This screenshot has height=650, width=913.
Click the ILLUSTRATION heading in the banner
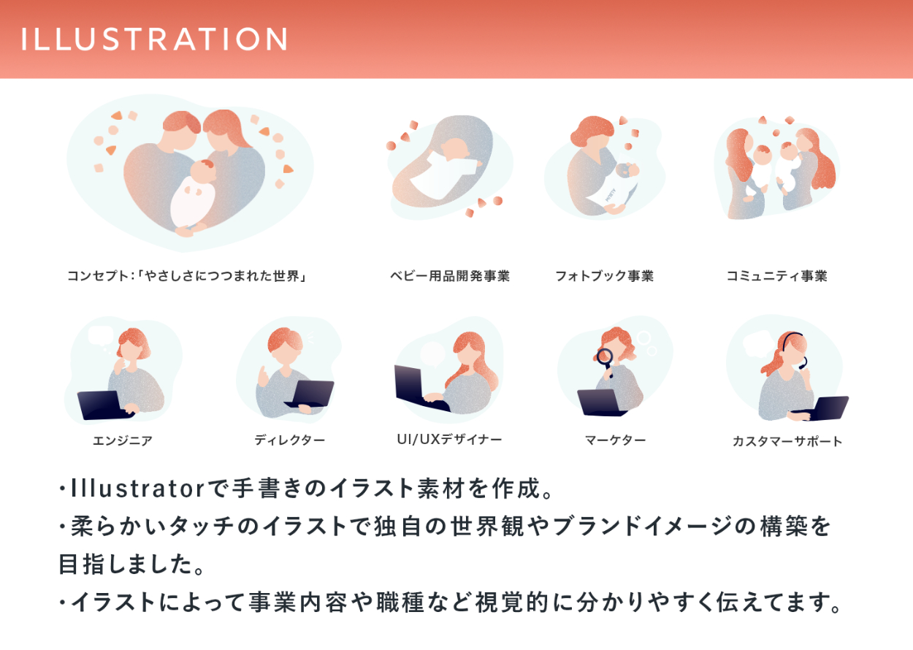point(154,39)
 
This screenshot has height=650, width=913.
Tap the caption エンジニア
point(122,440)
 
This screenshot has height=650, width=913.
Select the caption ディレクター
point(290,440)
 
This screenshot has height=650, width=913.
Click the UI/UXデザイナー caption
point(449,440)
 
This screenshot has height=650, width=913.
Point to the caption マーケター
point(615,440)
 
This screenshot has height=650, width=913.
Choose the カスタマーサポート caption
point(787,441)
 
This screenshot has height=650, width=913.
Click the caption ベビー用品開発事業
point(450,276)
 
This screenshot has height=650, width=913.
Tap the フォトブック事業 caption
point(605,276)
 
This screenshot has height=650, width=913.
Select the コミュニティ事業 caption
point(777,276)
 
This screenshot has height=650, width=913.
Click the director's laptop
point(310,394)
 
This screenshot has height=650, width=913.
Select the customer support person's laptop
point(823,408)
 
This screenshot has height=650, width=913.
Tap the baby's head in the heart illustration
point(203,171)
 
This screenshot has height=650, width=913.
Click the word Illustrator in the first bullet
point(138,488)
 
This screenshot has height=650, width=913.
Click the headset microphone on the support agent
point(803,364)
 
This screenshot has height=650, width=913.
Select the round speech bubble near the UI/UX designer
point(432,353)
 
